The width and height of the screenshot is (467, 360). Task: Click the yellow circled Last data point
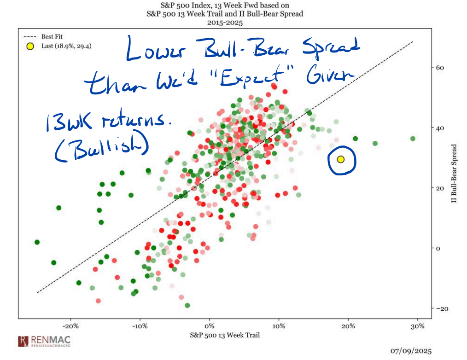341,159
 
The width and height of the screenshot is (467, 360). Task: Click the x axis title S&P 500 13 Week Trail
225,335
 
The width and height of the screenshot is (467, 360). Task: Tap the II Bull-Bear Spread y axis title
454,174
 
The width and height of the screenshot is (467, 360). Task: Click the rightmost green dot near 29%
413,139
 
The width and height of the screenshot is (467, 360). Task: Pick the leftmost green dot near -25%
37,242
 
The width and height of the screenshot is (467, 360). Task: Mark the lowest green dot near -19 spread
187,305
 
